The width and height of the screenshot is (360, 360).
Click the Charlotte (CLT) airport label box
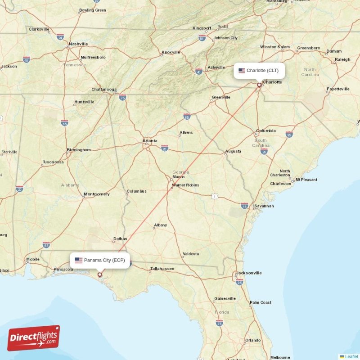[259, 71]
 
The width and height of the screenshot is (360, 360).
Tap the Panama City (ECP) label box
[100, 260]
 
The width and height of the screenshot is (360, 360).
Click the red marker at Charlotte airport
[259, 85]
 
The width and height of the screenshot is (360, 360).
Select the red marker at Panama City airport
[100, 274]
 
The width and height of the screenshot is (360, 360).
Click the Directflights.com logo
[34, 337]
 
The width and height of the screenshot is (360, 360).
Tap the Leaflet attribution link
[351, 356]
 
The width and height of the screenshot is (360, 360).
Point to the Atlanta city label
[150, 141]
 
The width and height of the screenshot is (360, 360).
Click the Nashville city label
[78, 44]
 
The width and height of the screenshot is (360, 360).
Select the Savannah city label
[264, 206]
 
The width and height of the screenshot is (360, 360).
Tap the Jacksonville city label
[249, 273]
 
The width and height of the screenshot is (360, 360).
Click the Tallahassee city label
[162, 269]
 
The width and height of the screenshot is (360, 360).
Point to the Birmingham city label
[79, 150]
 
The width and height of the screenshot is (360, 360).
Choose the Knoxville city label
[171, 52]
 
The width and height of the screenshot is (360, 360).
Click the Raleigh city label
[342, 59]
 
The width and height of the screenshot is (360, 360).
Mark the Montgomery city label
[97, 194]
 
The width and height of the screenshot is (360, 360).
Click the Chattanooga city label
[104, 89]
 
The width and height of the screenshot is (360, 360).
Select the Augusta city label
[233, 151]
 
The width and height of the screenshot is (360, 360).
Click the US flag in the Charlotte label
[242, 71]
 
